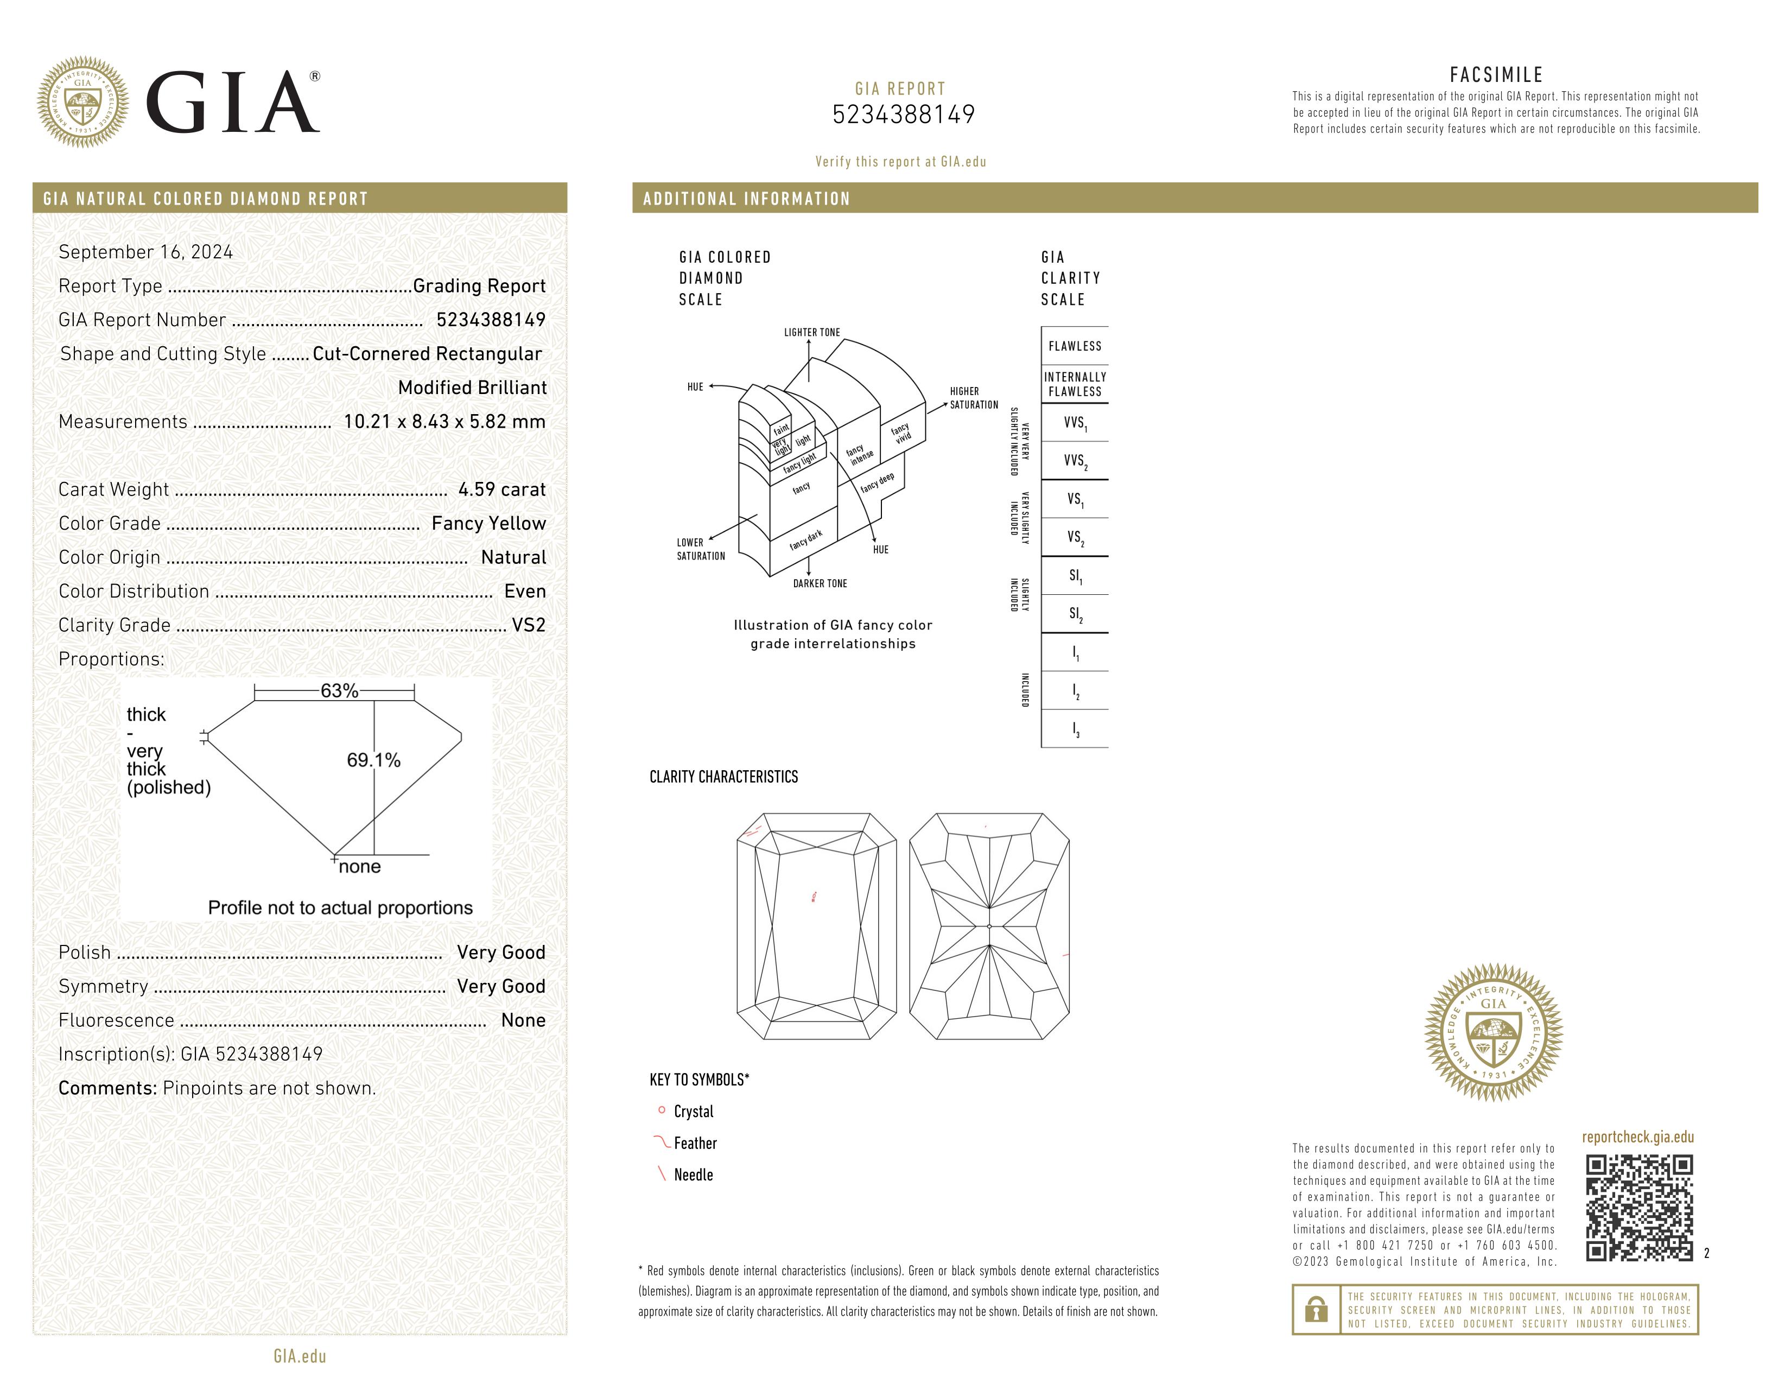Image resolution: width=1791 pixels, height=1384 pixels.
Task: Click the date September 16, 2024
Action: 146,252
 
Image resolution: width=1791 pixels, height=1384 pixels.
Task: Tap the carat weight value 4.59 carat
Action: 501,490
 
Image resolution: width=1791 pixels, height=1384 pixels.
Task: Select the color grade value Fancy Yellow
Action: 489,523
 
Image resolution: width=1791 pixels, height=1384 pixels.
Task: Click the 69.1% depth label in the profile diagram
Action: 373,760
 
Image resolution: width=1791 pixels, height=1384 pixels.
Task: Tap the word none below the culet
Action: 359,867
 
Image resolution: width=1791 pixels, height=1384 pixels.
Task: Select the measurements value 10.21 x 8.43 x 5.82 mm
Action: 443,421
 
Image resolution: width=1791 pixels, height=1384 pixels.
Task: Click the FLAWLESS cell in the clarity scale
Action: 1074,346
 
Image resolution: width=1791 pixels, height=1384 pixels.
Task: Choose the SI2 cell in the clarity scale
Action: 1074,614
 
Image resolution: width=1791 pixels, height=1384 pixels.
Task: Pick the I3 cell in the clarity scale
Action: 1074,729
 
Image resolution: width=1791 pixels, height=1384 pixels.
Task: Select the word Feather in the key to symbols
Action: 695,1143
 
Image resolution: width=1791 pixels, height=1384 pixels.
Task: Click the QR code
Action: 1638,1207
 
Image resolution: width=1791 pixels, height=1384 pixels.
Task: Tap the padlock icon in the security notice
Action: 1316,1310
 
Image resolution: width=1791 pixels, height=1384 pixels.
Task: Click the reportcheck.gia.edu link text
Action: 1637,1137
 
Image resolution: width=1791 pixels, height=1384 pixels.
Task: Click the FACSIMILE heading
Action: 1496,74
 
